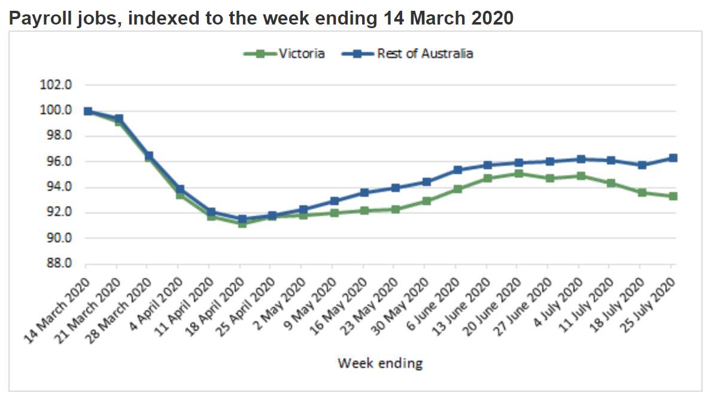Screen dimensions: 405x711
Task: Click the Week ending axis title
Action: [380, 363]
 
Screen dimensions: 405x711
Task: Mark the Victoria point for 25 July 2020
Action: [673, 196]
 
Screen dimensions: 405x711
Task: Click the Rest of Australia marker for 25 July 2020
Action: [673, 158]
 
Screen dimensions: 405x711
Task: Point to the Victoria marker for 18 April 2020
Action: [242, 223]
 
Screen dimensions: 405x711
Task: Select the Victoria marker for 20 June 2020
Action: [518, 173]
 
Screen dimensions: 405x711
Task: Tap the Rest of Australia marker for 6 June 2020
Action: [457, 170]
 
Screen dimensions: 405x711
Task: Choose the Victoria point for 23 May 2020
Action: [395, 209]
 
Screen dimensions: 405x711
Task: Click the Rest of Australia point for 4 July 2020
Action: [580, 159]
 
